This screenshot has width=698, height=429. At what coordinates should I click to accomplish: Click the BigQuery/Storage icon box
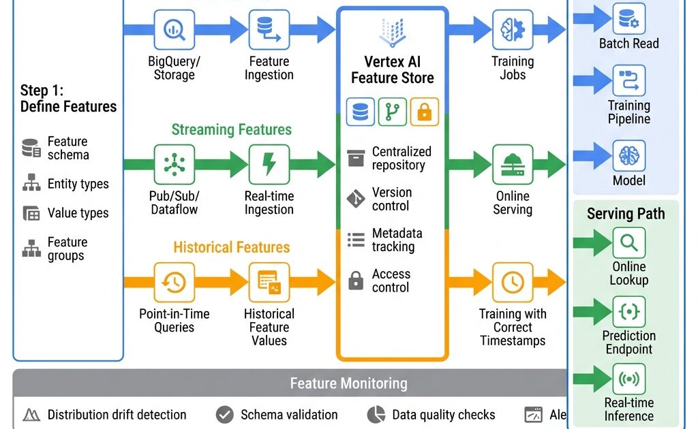(x=174, y=29)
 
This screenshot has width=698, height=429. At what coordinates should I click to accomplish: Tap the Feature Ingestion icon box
(x=269, y=29)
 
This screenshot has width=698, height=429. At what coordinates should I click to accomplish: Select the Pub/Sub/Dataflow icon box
(x=174, y=164)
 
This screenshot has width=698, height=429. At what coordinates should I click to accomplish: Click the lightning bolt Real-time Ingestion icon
(x=269, y=164)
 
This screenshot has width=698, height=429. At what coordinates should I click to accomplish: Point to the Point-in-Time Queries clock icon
(x=174, y=282)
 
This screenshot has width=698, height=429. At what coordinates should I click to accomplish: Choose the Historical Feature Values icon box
(x=269, y=282)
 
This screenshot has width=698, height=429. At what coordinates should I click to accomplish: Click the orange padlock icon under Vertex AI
(x=425, y=112)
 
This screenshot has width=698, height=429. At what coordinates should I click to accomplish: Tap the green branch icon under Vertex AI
(x=393, y=112)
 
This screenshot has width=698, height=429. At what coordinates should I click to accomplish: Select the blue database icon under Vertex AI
(x=361, y=112)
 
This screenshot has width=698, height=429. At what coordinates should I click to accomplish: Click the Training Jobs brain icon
(x=513, y=29)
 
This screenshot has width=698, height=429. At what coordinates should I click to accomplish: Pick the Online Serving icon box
(x=513, y=164)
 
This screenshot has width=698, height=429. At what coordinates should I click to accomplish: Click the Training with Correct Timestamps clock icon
(x=513, y=282)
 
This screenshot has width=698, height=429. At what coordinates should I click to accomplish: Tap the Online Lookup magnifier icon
(x=628, y=242)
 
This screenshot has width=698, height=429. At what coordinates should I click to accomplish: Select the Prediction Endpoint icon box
(x=628, y=312)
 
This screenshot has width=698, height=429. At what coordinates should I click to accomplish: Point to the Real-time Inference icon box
(x=628, y=379)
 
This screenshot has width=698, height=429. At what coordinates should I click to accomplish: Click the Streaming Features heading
(x=231, y=129)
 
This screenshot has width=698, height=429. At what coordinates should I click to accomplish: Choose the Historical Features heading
(x=231, y=247)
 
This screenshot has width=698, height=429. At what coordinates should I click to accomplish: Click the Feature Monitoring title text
(x=348, y=383)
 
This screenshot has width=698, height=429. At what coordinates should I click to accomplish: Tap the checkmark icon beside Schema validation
(x=224, y=415)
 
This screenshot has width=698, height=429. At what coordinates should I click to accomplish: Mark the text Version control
(x=391, y=199)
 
